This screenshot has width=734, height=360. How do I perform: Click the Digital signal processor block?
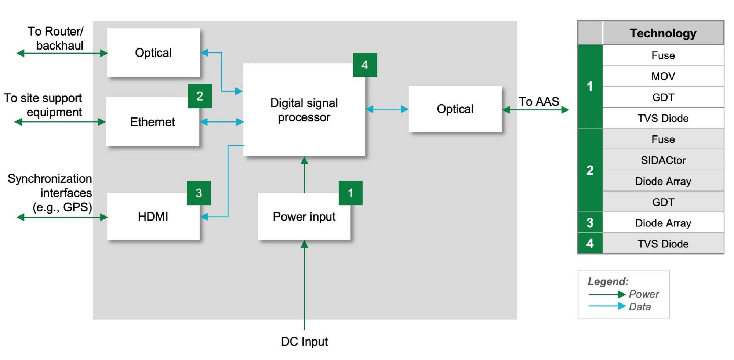(x=304, y=110)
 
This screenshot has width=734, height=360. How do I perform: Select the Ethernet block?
(x=153, y=122)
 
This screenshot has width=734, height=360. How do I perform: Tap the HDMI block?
(x=153, y=217)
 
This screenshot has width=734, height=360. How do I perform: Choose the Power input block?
(x=304, y=217)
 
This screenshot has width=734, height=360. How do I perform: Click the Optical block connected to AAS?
(x=455, y=109)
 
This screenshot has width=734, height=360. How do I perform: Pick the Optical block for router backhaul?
(x=153, y=53)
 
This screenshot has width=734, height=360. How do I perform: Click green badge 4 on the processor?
(x=365, y=65)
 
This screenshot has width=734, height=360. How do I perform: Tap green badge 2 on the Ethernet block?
(x=200, y=96)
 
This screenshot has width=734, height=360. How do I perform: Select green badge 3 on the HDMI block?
(x=199, y=193)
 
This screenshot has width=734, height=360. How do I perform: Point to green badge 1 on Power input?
(x=350, y=193)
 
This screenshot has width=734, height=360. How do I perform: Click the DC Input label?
(x=304, y=342)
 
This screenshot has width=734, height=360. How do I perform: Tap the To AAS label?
(x=538, y=102)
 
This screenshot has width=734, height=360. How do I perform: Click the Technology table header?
(x=663, y=33)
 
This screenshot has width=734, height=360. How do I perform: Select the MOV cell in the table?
(x=663, y=76)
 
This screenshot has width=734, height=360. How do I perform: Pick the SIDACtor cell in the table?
(x=663, y=160)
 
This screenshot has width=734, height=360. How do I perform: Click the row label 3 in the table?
(x=590, y=223)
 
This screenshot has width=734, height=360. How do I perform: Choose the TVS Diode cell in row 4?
(x=663, y=244)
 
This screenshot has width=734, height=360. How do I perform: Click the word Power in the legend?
(x=644, y=294)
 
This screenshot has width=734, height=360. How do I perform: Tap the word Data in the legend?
(x=640, y=307)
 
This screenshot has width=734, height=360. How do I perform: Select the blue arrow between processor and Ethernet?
(x=222, y=122)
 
